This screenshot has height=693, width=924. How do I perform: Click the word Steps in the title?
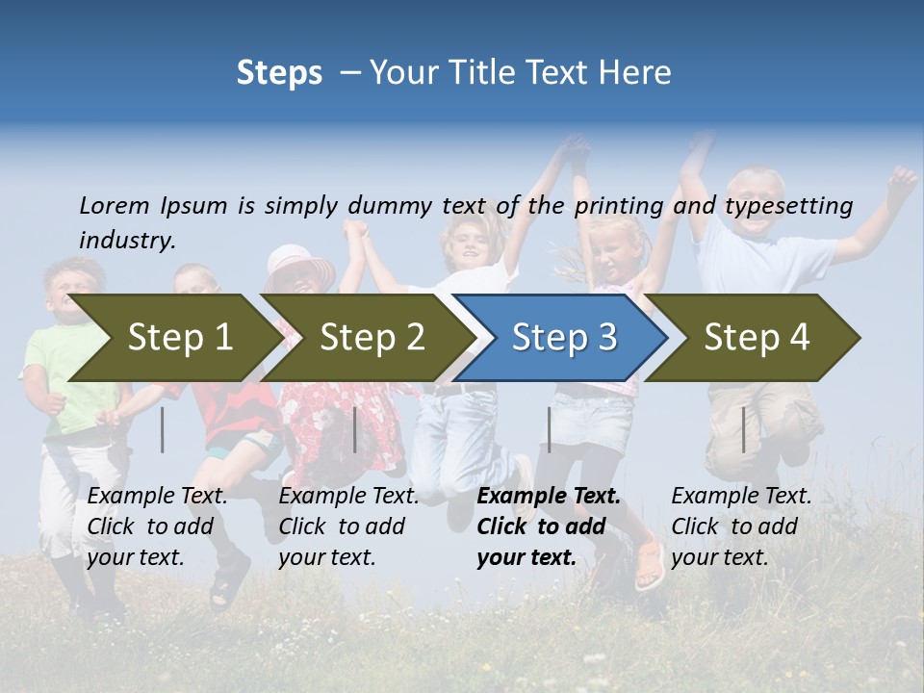[279, 73]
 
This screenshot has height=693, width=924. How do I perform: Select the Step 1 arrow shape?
[173, 338]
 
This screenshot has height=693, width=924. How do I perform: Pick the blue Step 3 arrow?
[562, 338]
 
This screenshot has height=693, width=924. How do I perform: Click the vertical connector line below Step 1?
[163, 429]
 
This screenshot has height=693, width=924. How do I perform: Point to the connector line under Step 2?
[355, 429]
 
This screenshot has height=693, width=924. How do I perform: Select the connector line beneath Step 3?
[549, 429]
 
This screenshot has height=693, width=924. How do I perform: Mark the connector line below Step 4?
[743, 429]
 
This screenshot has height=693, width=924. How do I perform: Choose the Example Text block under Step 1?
[157, 526]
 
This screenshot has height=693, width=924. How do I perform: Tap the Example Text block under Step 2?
[348, 526]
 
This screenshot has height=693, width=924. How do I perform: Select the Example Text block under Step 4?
[741, 526]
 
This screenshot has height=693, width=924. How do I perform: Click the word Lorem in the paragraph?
[114, 205]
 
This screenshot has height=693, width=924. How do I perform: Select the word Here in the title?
[636, 73]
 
